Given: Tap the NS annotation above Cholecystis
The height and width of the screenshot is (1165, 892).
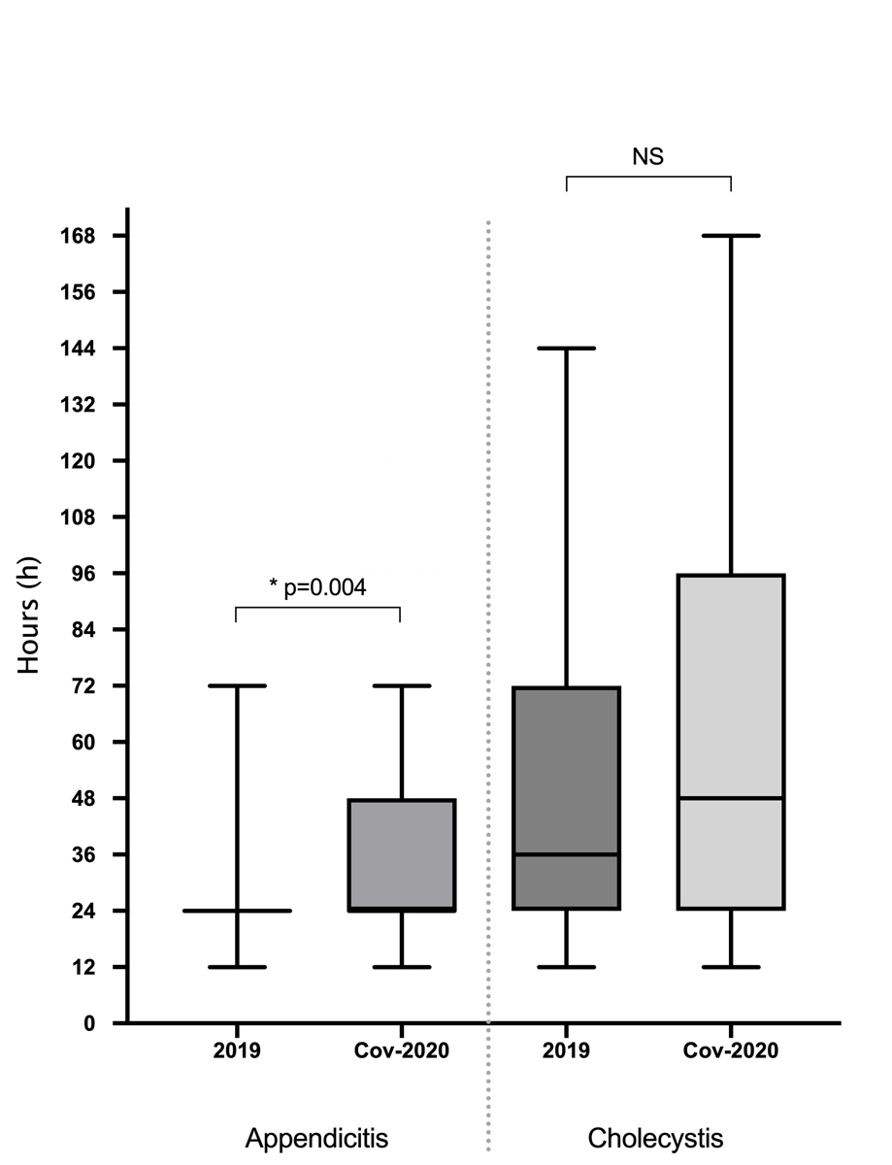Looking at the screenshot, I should pos(647,156).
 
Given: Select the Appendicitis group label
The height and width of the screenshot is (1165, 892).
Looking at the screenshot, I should pos(317,1137).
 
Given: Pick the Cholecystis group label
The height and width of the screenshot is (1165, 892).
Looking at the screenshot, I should pos(656,1137).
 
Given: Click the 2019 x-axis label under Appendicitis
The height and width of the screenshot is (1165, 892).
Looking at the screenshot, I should pos(236,1051).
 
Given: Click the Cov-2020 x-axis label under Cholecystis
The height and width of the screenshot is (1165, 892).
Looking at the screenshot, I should pos(731,1051).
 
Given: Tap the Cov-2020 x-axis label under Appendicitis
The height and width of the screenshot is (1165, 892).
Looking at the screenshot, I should pos(400,1051).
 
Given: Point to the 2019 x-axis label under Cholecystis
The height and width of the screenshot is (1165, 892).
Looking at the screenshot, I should pos(566,1051).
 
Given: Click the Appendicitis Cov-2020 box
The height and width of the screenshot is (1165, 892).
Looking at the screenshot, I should pos(400,854).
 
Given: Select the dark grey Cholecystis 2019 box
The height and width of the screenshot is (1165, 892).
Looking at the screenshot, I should pos(566,767).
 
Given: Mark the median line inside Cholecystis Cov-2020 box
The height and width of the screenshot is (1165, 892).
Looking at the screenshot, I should pos(731,798).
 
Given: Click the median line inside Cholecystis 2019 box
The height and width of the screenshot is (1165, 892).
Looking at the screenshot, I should pos(566,854).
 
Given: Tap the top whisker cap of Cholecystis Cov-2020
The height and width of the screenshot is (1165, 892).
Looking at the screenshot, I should pos(731,236).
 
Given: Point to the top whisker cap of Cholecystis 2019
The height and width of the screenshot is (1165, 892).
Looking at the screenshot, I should pos(566,348).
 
